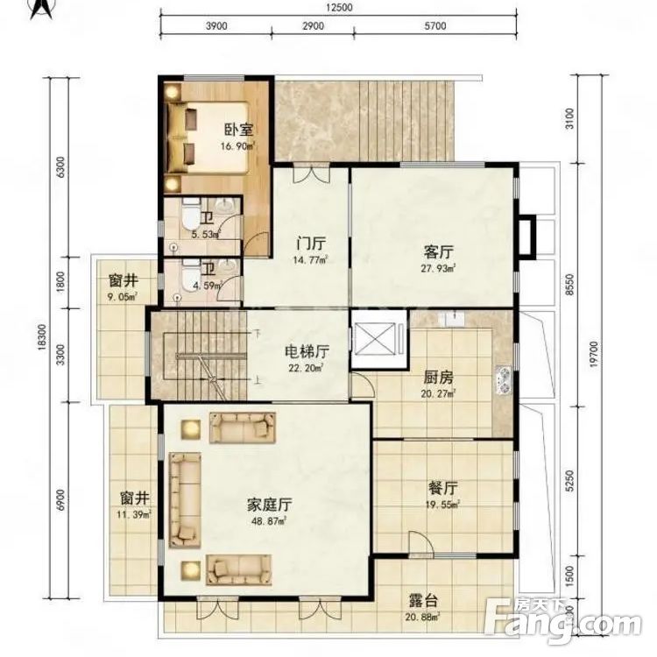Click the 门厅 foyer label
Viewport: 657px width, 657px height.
tap(311, 243)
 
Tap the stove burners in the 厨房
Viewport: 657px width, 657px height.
tap(504, 379)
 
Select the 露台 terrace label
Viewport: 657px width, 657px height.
tap(424, 603)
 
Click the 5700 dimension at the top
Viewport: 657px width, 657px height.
tap(434, 26)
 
